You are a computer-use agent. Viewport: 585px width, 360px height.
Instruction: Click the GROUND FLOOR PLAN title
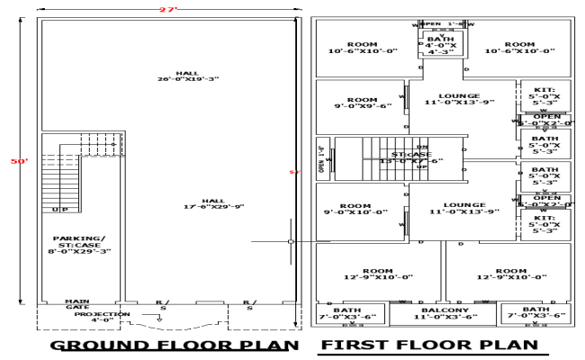tap(174, 346)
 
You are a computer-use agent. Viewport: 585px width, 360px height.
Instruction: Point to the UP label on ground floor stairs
tap(62, 209)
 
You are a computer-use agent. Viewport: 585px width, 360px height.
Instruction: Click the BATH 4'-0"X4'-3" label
tap(441, 46)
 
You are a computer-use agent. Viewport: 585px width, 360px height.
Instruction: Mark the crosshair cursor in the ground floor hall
tap(290, 242)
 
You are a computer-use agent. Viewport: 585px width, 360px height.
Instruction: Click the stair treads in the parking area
tap(59, 180)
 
